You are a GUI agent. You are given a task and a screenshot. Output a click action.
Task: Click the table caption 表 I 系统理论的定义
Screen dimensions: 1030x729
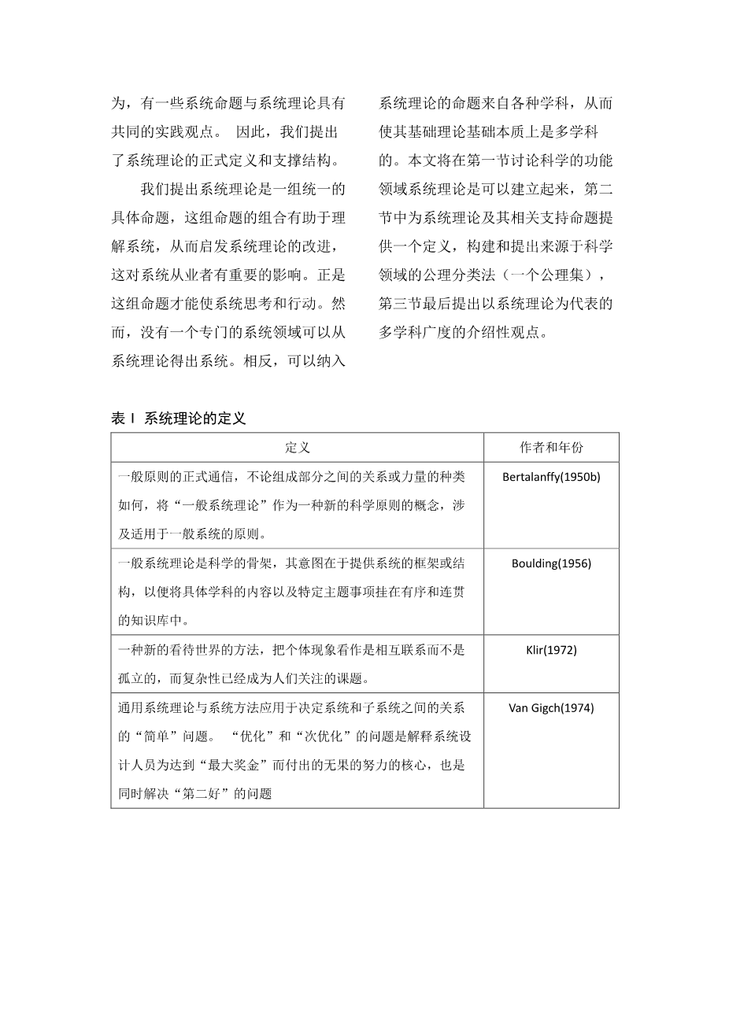tap(179, 419)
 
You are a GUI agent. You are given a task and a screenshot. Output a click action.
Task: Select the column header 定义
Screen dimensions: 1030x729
tap(297, 447)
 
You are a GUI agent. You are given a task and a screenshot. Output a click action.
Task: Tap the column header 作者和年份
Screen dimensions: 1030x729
tap(551, 447)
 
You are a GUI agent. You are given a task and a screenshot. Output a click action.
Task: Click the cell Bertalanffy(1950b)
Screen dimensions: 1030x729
tap(551, 477)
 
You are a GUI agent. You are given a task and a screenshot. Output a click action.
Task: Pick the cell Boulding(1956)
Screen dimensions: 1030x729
tap(551, 563)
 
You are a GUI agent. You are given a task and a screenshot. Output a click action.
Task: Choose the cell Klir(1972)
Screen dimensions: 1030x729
tap(551, 650)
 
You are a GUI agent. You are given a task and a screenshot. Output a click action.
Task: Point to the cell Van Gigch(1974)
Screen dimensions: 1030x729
tap(551, 707)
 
